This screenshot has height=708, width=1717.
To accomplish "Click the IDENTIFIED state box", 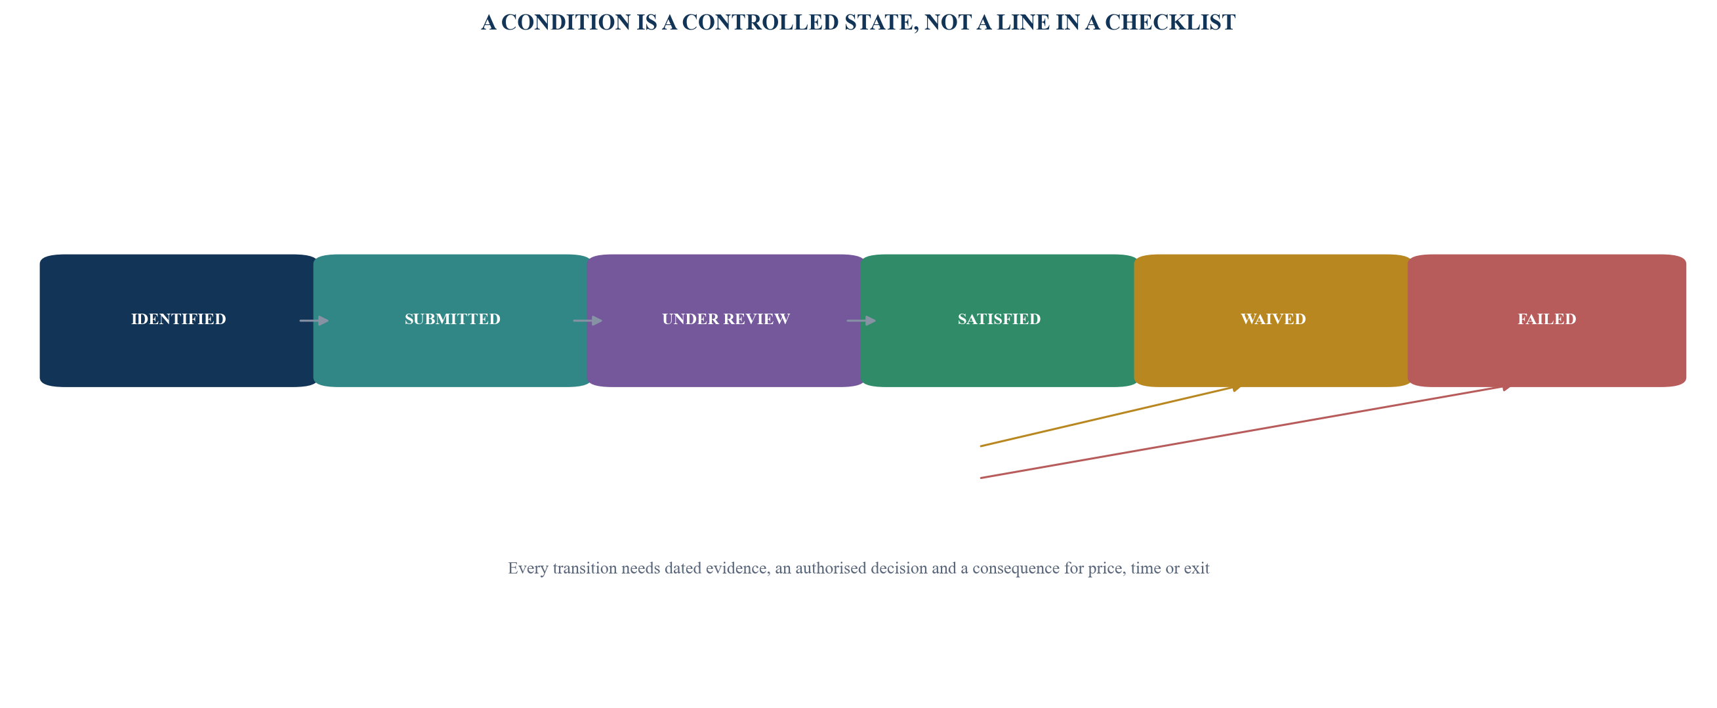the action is pos(178,321).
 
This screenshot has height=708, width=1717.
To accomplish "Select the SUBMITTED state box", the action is pos(453,321).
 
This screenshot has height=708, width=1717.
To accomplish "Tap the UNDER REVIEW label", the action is pos(726,320).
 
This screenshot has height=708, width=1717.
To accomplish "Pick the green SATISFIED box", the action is pos(999,321).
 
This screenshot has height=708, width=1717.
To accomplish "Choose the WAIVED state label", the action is pos(1273,320).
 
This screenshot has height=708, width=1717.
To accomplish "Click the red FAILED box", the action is pos(1547,321).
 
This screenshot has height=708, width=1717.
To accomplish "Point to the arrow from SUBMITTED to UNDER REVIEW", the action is pos(588,321).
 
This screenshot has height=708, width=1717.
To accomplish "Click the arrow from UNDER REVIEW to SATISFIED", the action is pos(862,321).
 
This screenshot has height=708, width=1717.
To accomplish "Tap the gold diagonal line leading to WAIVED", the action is pos(1111,416).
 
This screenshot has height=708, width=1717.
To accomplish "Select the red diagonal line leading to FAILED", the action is pos(1247,431).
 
